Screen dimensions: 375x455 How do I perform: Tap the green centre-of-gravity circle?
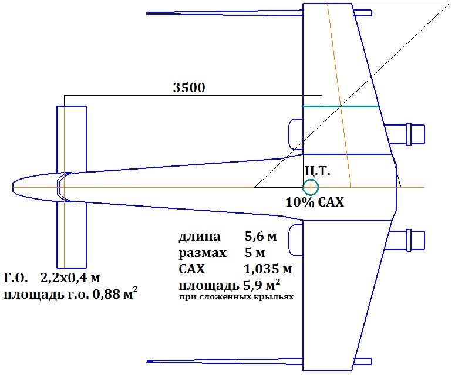[x=311, y=187]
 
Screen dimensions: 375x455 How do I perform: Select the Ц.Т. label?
[x=318, y=171]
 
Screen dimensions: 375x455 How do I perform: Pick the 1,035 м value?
[x=268, y=270]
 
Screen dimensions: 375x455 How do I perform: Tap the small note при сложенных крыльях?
[x=236, y=298]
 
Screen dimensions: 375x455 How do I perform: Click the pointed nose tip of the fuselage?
[x=14, y=188]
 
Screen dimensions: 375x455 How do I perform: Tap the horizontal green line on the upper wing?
[x=340, y=106]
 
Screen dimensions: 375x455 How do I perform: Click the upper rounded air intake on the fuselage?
[x=296, y=134]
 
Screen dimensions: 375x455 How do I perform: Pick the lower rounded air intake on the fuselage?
[x=296, y=240]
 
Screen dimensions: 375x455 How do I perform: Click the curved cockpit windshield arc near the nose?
[x=59, y=188]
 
